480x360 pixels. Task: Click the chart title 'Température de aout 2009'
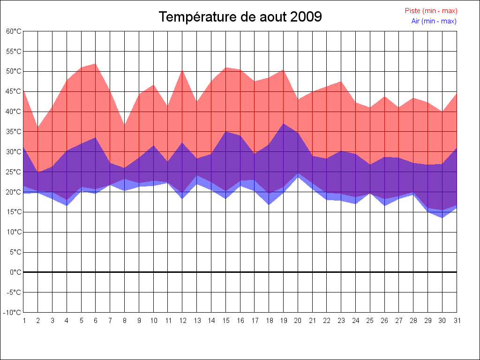240,17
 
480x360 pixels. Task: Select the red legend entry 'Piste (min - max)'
431,11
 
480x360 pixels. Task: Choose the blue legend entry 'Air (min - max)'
434,21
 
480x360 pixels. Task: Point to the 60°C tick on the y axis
14,31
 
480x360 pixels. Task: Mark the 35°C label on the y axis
14,132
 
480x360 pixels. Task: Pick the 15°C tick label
14,212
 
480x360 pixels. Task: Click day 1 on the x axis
23,321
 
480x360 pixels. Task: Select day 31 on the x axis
457,321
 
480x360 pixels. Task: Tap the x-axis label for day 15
225,321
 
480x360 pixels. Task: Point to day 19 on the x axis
283,321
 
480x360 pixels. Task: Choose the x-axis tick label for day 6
96,321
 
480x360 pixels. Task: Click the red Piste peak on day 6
96,64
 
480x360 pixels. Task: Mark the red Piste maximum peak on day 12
182,70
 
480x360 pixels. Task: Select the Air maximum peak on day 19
283,124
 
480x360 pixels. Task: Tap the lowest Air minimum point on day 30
442,218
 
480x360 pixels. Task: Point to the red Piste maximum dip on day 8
125,126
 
